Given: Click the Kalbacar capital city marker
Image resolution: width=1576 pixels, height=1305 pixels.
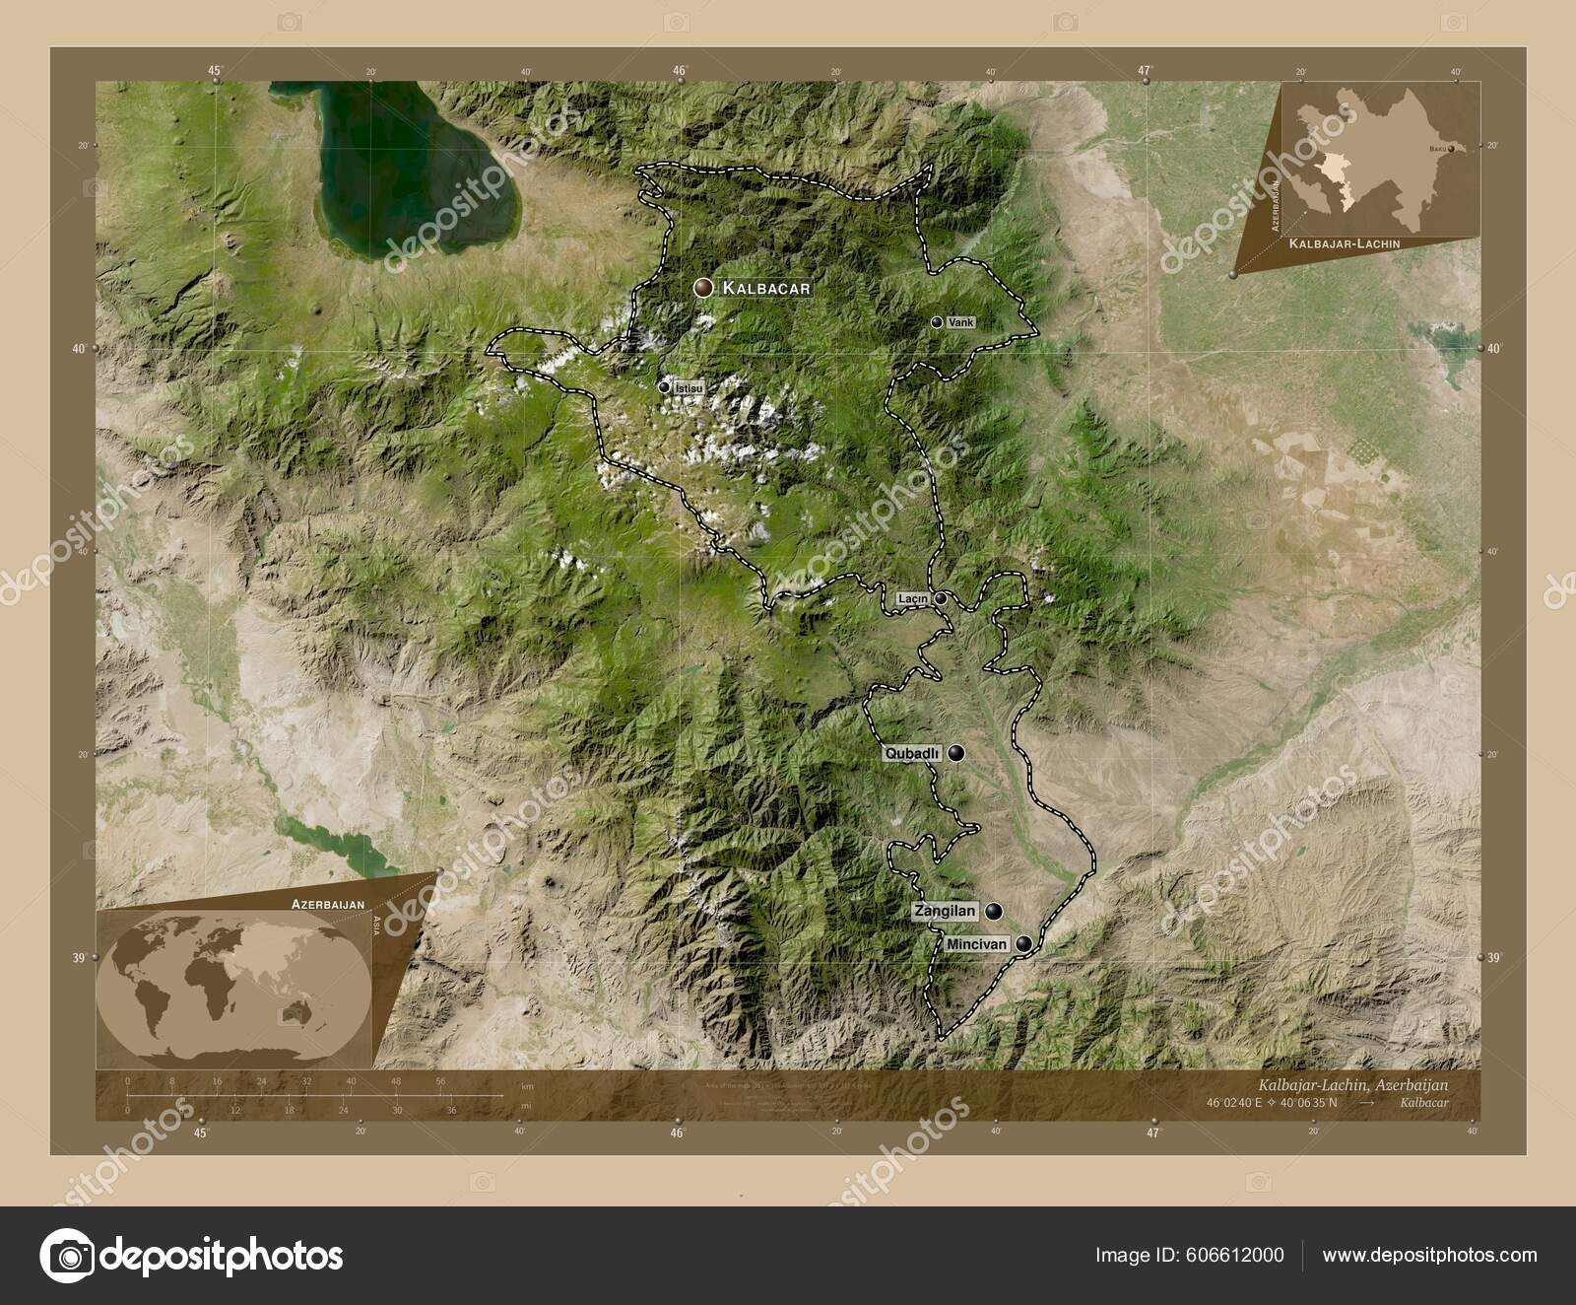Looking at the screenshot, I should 703,288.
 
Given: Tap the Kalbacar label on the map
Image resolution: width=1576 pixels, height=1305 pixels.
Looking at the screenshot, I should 766,288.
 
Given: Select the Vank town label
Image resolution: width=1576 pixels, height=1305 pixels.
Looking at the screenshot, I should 959,322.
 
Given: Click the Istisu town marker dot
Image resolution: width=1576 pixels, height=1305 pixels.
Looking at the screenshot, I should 664,387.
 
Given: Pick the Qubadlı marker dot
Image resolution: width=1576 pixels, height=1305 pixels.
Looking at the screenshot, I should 956,753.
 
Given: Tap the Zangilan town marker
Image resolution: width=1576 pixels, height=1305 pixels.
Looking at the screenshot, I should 993,911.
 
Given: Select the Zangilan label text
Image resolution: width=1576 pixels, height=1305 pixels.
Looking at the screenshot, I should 945,911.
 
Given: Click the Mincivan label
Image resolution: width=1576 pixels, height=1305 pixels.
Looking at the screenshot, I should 976,944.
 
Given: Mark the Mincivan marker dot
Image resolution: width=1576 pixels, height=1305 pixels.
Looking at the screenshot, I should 1025,944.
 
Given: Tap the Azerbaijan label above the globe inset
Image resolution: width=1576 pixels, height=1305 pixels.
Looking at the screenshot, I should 328,903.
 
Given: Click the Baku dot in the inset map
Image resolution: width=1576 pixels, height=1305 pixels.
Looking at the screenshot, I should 1452,149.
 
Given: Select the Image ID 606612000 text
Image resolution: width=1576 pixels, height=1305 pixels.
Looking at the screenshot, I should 1189,1255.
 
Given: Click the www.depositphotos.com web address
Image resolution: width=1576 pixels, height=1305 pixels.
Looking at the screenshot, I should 1429,1255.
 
